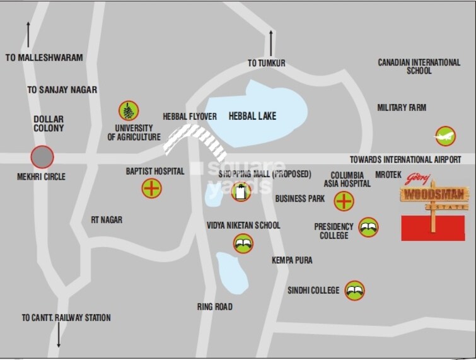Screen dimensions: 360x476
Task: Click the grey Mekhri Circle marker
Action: pyautogui.click(x=42, y=156)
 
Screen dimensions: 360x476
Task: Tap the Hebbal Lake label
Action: pyautogui.click(x=252, y=116)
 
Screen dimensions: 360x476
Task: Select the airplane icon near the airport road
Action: pyautogui.click(x=444, y=136)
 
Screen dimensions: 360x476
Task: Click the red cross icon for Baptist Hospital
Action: pyautogui.click(x=151, y=188)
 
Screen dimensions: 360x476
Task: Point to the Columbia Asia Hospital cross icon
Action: pyautogui.click(x=344, y=201)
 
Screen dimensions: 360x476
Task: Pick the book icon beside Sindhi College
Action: pyautogui.click(x=354, y=291)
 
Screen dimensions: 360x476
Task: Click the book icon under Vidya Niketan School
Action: pyautogui.click(x=243, y=243)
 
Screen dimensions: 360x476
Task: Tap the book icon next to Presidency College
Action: pyautogui.click(x=368, y=227)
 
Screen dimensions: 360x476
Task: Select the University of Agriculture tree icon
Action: pyautogui.click(x=129, y=111)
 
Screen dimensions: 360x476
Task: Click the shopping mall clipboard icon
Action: pyautogui.click(x=240, y=192)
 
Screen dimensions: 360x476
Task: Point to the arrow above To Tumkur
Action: pyautogui.click(x=271, y=43)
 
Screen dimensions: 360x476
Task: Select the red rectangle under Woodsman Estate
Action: pyautogui.click(x=433, y=228)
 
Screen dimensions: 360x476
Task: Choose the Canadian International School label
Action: pyautogui.click(x=419, y=66)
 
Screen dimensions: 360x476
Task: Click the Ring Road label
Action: pyautogui.click(x=214, y=306)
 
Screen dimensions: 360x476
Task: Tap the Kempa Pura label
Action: pyautogui.click(x=292, y=260)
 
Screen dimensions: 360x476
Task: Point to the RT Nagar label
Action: pyautogui.click(x=107, y=220)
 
